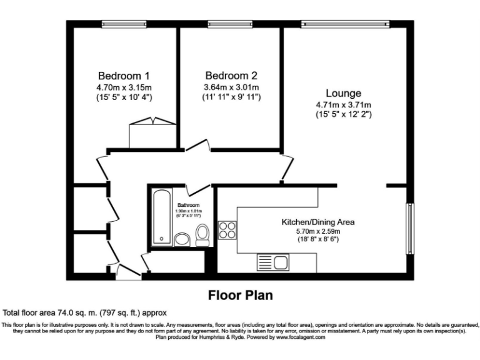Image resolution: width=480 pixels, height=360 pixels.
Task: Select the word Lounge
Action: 343,93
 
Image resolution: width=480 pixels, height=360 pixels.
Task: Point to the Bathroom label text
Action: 188,205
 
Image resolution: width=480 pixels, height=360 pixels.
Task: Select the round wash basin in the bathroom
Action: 182,239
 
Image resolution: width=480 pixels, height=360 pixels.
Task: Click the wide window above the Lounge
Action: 344,24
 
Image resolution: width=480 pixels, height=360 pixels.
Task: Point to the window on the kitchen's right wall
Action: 409,228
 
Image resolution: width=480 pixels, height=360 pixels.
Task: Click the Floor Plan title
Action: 239,295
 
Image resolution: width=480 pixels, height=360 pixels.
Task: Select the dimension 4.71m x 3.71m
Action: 343,105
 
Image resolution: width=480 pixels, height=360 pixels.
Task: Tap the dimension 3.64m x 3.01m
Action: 231,87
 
